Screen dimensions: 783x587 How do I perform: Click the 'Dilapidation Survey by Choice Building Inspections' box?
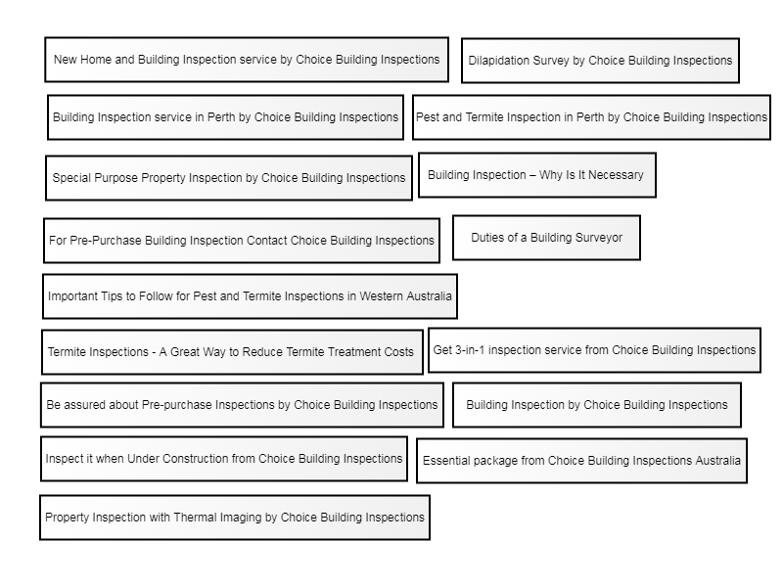600,61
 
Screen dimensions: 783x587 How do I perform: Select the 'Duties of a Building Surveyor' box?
546,238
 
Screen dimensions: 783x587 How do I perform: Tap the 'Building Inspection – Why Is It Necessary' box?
536,175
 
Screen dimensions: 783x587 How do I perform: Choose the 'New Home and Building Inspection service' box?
247,60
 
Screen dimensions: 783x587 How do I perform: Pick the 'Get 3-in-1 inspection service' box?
594,350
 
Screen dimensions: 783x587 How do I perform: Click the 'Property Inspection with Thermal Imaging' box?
235,518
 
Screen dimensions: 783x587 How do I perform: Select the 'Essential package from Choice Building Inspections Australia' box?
581,460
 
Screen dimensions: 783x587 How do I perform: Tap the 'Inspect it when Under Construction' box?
224,459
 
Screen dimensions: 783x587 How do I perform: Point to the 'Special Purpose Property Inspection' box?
229,178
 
